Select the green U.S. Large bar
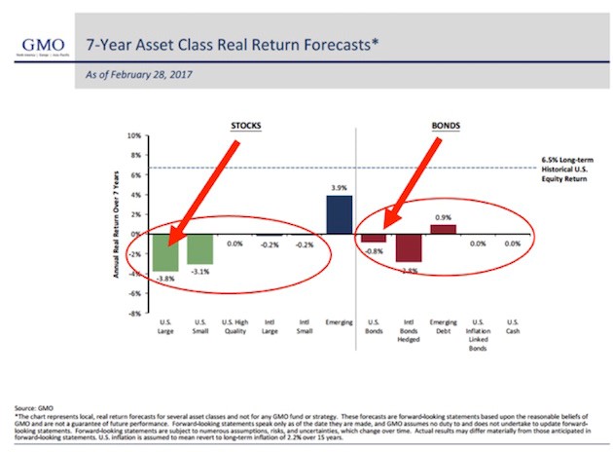(164, 252)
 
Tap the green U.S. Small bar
(199, 248)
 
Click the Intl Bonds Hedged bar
(408, 248)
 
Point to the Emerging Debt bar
(443, 230)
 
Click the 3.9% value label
(339, 187)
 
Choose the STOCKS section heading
(245, 125)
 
